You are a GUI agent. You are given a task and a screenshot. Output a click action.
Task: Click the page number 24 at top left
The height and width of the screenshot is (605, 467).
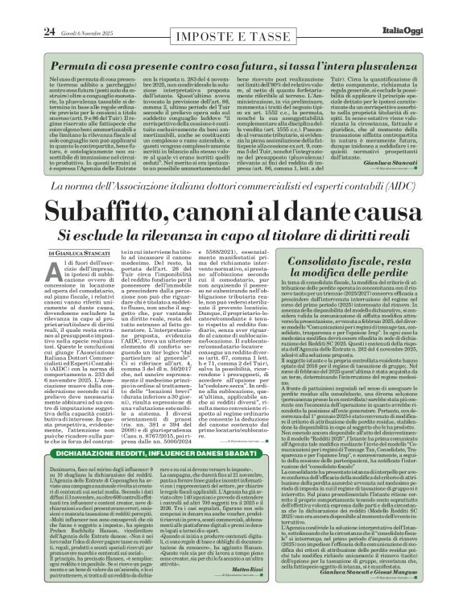[24, 9]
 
